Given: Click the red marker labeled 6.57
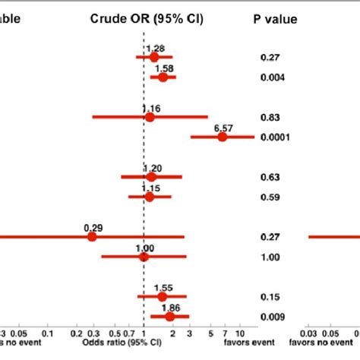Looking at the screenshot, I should coord(223,137).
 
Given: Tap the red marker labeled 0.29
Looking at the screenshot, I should coord(92,237).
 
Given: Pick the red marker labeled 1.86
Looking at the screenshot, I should coord(169,317).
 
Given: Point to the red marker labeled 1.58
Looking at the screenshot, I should coord(163,77).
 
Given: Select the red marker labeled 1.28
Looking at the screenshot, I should coord(154,57).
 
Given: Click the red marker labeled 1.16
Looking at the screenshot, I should coord(150,117).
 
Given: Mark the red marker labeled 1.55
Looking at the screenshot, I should coord(162,297).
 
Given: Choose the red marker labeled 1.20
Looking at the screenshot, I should coord(151,177).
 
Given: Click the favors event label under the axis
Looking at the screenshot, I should coord(229,342).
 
